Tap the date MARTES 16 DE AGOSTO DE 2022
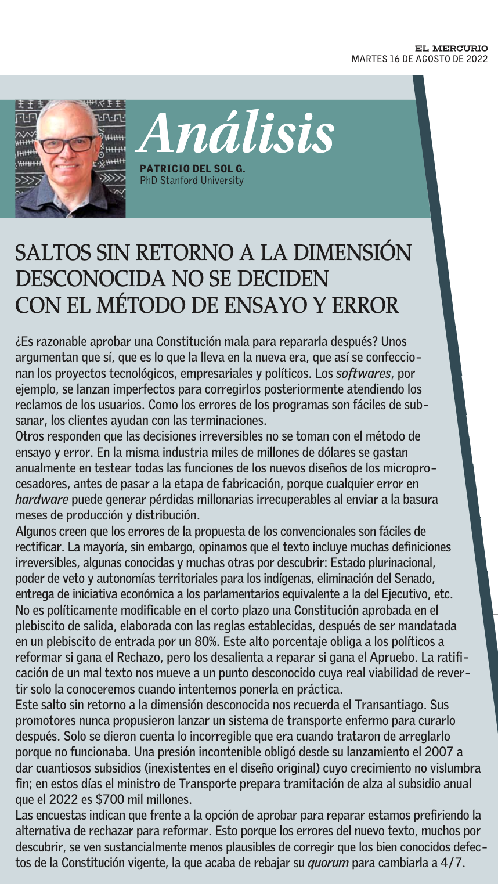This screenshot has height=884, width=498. pos(420,59)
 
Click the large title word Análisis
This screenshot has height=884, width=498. pos(238,131)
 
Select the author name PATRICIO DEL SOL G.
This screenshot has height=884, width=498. pos(193,170)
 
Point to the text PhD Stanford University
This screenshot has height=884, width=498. pos(192,181)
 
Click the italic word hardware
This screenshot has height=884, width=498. pos(42,499)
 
